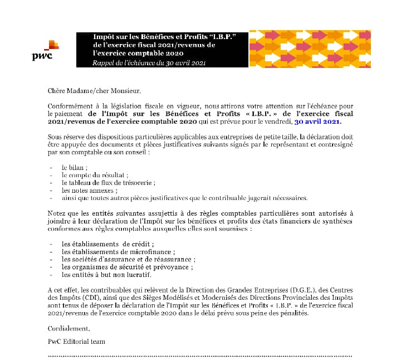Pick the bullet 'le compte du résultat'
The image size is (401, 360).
[x=95, y=175]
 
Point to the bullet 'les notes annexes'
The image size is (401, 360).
[x=89, y=190]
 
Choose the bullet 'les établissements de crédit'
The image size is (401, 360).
[x=107, y=244]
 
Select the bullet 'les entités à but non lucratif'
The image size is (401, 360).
[x=106, y=275]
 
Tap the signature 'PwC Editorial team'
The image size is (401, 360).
[x=76, y=341]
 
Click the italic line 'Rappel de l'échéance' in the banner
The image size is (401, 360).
[x=149, y=63]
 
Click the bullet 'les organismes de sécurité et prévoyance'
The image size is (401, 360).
[x=128, y=267]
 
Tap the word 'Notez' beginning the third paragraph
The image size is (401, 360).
[x=57, y=213]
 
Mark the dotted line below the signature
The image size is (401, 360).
[x=200, y=354]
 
